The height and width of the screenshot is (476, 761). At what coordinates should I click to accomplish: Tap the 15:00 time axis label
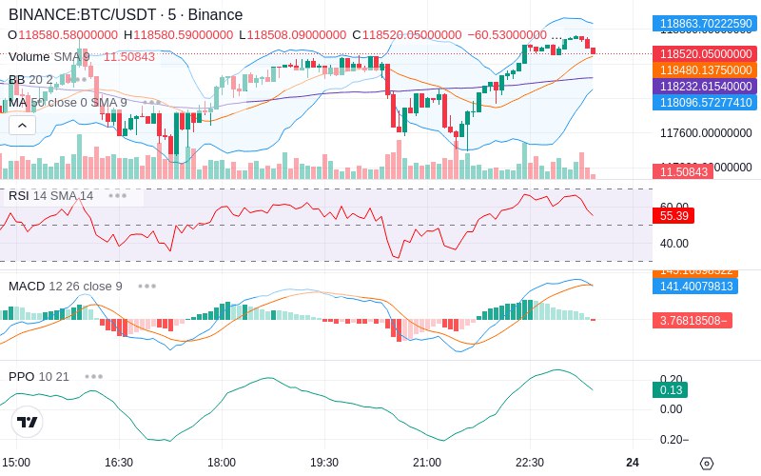pos(16,462)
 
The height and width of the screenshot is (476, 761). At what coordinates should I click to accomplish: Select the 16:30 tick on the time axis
pos(118,462)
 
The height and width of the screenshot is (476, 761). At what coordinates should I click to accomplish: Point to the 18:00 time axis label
pos(221,462)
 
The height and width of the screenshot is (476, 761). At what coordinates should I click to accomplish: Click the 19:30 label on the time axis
pos(323,462)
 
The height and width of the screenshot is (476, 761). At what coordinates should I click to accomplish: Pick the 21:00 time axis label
pos(426,462)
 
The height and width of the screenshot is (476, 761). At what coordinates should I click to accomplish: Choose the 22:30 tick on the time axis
pos(529,462)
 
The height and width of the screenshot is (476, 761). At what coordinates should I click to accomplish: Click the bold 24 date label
pos(633,462)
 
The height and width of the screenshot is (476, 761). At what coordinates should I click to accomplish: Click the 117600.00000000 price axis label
pos(706,133)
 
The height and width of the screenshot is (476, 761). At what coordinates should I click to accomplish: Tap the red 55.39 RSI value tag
pos(673,216)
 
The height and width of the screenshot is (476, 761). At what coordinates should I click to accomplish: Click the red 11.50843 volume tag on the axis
pos(680,172)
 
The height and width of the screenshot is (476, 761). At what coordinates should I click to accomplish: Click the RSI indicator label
pos(18,196)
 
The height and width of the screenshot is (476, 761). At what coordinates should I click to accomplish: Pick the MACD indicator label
pos(27,286)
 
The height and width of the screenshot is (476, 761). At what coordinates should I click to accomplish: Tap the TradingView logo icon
pos(28,422)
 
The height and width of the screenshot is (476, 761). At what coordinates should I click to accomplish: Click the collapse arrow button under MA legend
pos(22,125)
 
